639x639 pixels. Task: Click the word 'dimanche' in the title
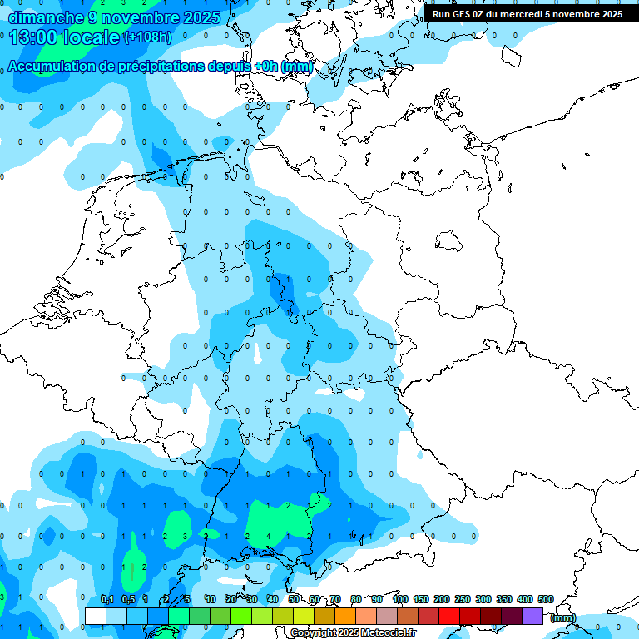[46, 17]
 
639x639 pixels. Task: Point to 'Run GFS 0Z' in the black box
[461, 14]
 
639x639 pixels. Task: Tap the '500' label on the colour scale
[546, 600]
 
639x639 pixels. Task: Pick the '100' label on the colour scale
[400, 600]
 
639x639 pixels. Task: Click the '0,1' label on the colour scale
[107, 600]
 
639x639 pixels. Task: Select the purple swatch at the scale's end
[532, 616]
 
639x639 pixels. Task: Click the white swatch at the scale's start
[96, 616]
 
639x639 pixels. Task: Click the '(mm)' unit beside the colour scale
[563, 617]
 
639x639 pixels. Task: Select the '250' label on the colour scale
[463, 600]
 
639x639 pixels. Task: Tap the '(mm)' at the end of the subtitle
[297, 67]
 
